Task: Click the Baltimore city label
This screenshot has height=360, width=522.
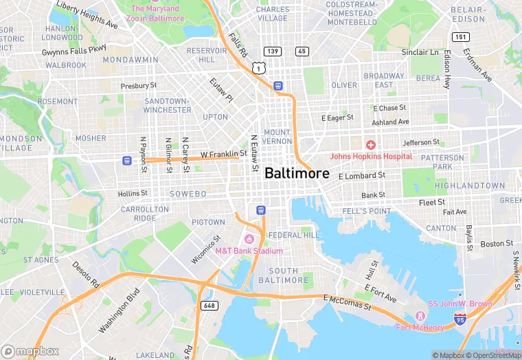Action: tap(297, 173)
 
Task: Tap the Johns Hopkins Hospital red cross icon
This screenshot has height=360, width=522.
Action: tap(370, 145)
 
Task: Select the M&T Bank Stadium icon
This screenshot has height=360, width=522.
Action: tap(249, 239)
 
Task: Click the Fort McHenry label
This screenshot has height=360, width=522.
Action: tap(420, 327)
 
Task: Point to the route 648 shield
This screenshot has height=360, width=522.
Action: tap(209, 304)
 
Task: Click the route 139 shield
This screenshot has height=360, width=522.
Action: tap(272, 52)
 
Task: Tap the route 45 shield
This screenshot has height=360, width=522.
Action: tap(302, 52)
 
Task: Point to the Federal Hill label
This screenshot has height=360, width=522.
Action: tap(294, 235)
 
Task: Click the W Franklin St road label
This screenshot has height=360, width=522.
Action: tap(223, 154)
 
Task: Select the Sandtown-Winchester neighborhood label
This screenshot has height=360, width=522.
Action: tap(168, 105)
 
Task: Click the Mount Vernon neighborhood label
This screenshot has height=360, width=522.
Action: tap(277, 136)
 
